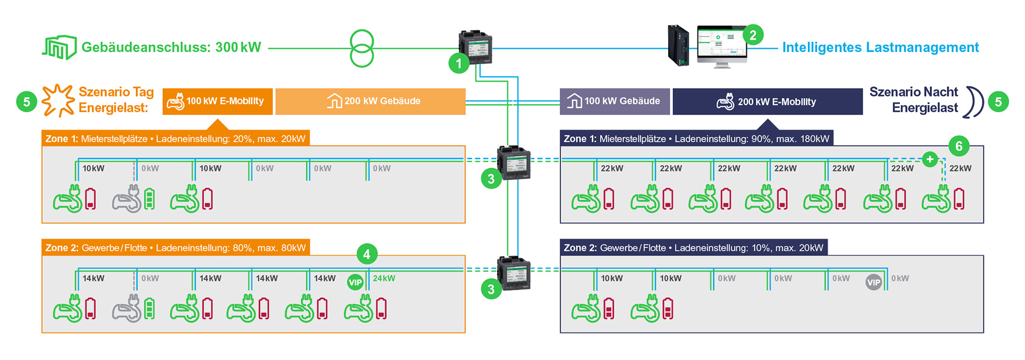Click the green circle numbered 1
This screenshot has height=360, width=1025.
pos(459,64)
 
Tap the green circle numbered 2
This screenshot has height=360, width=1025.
pos(752,35)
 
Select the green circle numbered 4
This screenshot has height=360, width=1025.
pos(367,254)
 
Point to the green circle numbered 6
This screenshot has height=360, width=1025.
pos(959,146)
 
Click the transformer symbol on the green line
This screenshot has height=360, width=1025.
pos(362,49)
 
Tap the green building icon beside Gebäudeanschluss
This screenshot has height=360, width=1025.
pos(59,48)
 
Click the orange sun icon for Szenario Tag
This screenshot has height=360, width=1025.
pos(58,100)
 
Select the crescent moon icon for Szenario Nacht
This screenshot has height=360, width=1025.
pos(973,102)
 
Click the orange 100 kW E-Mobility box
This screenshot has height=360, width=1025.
pos(217,101)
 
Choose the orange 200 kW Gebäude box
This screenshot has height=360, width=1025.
pos(370,101)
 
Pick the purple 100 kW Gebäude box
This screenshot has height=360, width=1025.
pos(614,101)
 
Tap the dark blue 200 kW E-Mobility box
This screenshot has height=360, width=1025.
pos(767,101)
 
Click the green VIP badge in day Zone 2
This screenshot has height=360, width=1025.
pos(355,282)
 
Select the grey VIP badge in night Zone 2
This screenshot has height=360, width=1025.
pos(874,282)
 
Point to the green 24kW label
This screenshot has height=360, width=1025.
pos(384,279)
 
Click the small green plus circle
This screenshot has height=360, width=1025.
pos(930,160)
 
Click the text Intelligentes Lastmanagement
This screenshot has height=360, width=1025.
pos(880,48)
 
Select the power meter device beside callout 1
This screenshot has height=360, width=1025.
pos(475,47)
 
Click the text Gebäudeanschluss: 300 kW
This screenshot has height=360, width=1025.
pos(171,48)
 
